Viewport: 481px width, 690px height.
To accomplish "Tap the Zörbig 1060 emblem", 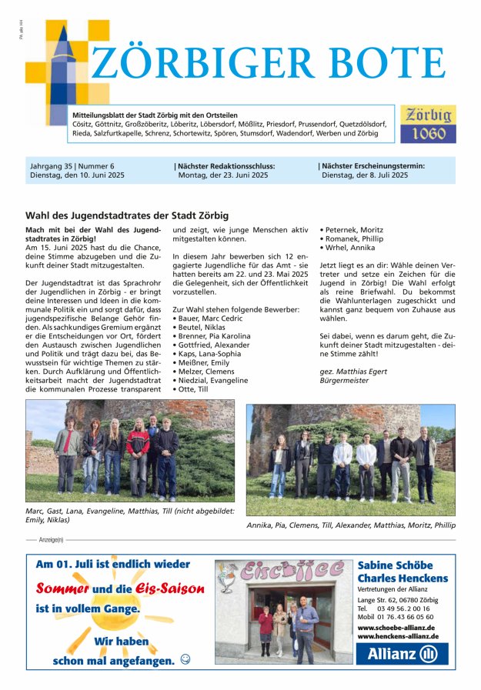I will click(x=428, y=124).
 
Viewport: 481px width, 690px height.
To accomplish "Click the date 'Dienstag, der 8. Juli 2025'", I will click(x=365, y=175).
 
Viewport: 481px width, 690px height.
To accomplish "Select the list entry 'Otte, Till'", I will click(x=194, y=389).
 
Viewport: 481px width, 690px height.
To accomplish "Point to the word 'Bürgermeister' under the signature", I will click(x=344, y=381).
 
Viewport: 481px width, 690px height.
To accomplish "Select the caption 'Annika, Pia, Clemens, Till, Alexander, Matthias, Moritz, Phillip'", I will click(x=351, y=525).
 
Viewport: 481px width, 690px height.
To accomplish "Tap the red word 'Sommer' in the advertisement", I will click(x=63, y=589).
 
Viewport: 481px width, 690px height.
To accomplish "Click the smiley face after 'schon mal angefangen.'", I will click(x=185, y=659).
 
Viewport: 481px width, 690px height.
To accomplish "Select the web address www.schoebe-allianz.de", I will click(x=396, y=627).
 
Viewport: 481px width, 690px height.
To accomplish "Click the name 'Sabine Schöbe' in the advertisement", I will click(x=395, y=565).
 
